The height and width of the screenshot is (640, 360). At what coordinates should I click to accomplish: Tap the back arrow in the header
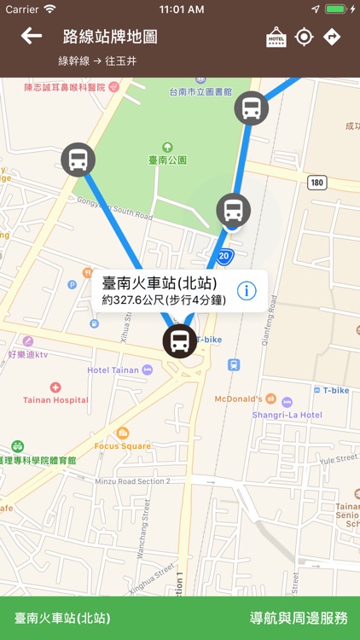click(x=32, y=36)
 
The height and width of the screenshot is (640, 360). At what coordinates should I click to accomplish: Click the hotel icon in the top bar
click(x=276, y=37)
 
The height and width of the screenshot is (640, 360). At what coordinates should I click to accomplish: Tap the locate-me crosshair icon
click(x=304, y=37)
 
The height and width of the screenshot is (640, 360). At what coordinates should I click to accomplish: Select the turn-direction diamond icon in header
click(x=332, y=37)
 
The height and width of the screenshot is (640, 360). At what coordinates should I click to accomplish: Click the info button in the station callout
click(x=247, y=290)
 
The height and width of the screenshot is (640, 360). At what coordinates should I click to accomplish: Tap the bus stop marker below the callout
click(x=179, y=341)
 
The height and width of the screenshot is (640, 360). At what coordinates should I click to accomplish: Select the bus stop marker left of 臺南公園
click(x=78, y=160)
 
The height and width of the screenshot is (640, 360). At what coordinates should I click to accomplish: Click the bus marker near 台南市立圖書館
click(x=251, y=108)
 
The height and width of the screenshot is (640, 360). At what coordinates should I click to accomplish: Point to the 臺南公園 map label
click(x=166, y=160)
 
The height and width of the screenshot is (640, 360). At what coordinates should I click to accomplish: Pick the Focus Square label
click(x=122, y=445)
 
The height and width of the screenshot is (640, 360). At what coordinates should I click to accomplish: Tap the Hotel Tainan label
click(x=113, y=370)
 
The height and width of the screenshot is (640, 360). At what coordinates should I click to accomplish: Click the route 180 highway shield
click(x=317, y=182)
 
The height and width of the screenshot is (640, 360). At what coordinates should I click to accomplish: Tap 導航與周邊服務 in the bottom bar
click(x=298, y=619)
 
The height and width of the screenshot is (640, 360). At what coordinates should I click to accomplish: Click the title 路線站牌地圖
click(x=110, y=37)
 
